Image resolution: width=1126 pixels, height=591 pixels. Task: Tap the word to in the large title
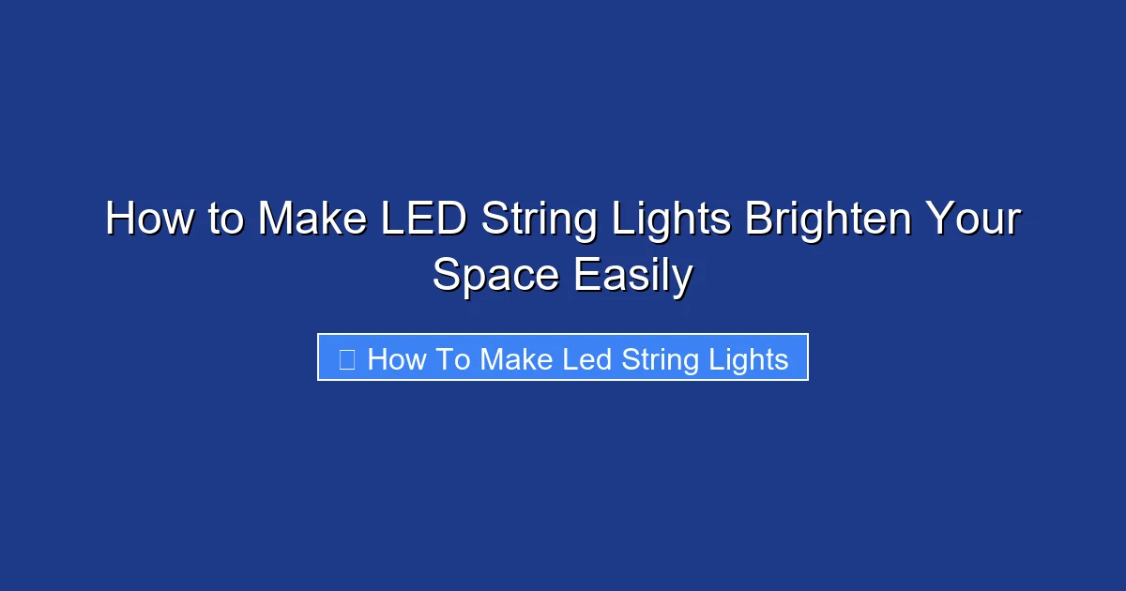[226, 220]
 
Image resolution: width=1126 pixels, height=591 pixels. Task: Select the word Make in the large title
[312, 220]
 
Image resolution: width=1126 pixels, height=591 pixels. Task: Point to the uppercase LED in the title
[423, 220]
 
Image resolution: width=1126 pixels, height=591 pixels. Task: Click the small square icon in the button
[346, 359]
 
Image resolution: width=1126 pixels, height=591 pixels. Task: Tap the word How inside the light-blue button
[397, 359]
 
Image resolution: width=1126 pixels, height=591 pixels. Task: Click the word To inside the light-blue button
[452, 359]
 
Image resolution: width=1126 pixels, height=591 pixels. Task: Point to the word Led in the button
[588, 359]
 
